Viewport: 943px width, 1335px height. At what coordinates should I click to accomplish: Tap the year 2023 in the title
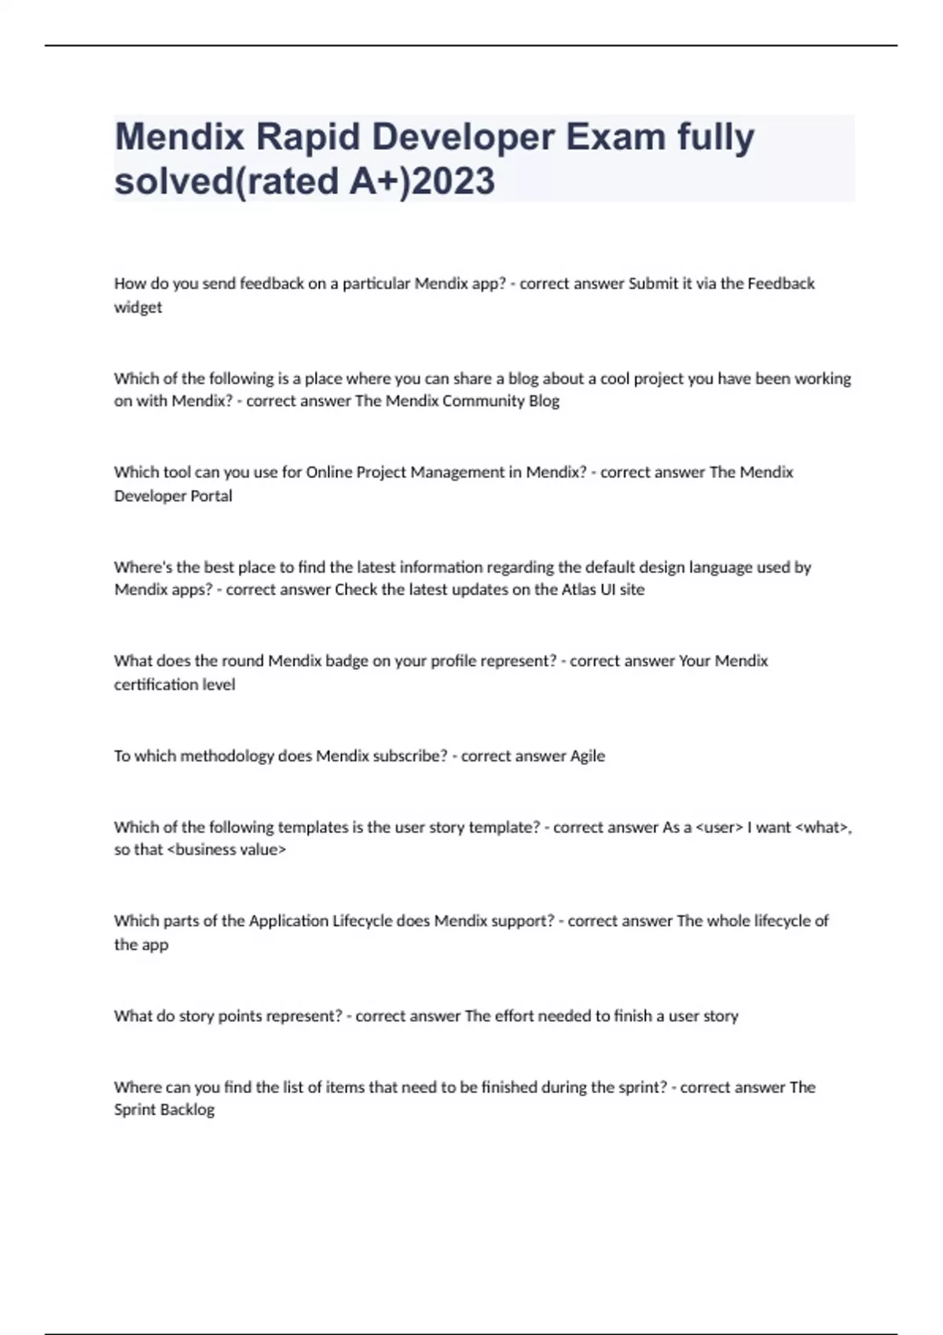coord(453,181)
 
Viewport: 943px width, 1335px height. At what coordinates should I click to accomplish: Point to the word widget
coord(138,307)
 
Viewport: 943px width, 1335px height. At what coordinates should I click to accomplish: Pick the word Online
coord(329,472)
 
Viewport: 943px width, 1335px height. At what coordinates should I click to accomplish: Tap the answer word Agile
coord(587,755)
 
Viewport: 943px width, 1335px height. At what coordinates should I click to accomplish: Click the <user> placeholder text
coord(719,827)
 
